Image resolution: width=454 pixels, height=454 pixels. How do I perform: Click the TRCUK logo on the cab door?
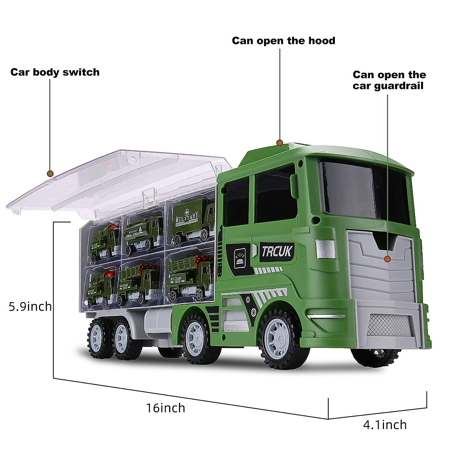point(277,251)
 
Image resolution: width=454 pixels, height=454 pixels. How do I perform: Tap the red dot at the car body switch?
point(50,174)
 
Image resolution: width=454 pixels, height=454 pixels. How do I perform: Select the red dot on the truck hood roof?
point(280,143)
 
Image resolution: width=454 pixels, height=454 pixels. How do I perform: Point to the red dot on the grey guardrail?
point(387,259)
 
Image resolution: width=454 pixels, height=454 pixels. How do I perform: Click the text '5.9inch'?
point(30,306)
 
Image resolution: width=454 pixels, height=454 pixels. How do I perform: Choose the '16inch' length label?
point(166,408)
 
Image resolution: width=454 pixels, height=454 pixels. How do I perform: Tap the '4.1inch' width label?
point(385,424)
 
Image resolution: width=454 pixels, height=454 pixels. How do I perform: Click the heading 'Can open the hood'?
point(283,40)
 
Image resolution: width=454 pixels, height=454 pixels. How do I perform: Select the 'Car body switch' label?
point(55,72)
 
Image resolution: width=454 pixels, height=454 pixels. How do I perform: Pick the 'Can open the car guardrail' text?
point(389,80)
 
